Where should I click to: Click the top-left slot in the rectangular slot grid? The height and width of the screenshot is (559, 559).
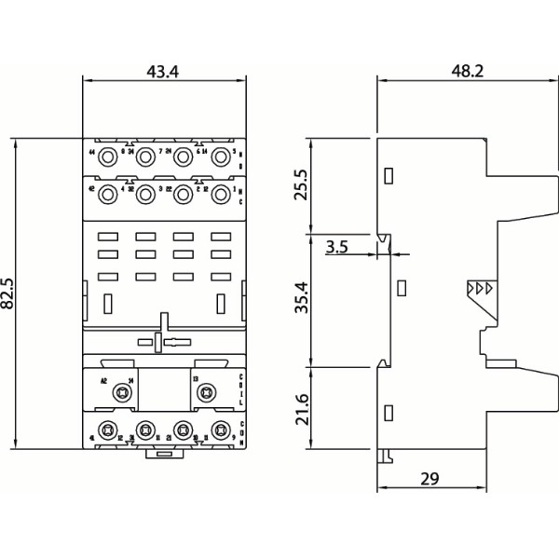click(x=106, y=236)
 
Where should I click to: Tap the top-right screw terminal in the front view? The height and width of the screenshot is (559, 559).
click(x=221, y=157)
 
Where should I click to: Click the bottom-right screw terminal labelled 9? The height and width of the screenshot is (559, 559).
click(x=221, y=430)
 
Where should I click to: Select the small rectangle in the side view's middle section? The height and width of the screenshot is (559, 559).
click(x=402, y=288)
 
